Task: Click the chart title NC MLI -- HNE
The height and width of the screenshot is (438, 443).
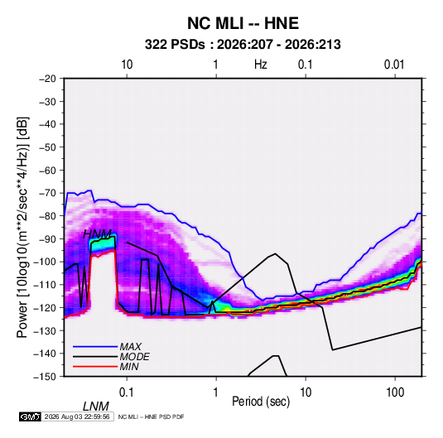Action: [x=243, y=23]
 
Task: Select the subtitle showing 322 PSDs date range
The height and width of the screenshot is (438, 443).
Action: [x=243, y=45]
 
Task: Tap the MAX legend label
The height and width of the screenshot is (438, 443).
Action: [x=130, y=346]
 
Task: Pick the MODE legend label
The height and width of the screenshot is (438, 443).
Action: [x=134, y=357]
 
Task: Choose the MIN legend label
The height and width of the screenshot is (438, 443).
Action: [x=129, y=367]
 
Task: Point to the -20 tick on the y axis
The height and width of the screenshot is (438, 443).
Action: [x=47, y=79]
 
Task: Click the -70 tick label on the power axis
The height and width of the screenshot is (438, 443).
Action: [x=47, y=193]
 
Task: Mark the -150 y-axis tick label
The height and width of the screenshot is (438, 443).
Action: [x=46, y=377]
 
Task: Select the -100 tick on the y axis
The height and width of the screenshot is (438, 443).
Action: [x=46, y=262]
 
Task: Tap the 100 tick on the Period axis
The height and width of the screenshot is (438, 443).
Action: [x=395, y=392]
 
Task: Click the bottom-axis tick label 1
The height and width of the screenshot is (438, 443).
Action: [x=216, y=392]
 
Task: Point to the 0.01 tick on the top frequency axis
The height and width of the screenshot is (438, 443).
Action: [x=394, y=65]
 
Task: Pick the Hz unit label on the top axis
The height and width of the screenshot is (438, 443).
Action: [x=261, y=65]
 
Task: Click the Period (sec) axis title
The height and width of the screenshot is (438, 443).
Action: [x=261, y=402]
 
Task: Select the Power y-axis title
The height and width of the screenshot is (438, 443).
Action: [x=22, y=227]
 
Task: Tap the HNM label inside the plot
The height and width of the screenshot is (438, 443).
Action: [x=97, y=234]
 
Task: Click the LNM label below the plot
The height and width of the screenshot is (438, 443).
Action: [x=96, y=407]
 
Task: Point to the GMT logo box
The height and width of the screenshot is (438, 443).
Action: [x=30, y=416]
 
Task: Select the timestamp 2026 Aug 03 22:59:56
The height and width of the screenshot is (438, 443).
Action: [x=77, y=416]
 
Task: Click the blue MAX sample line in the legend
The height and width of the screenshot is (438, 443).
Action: [x=95, y=346]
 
